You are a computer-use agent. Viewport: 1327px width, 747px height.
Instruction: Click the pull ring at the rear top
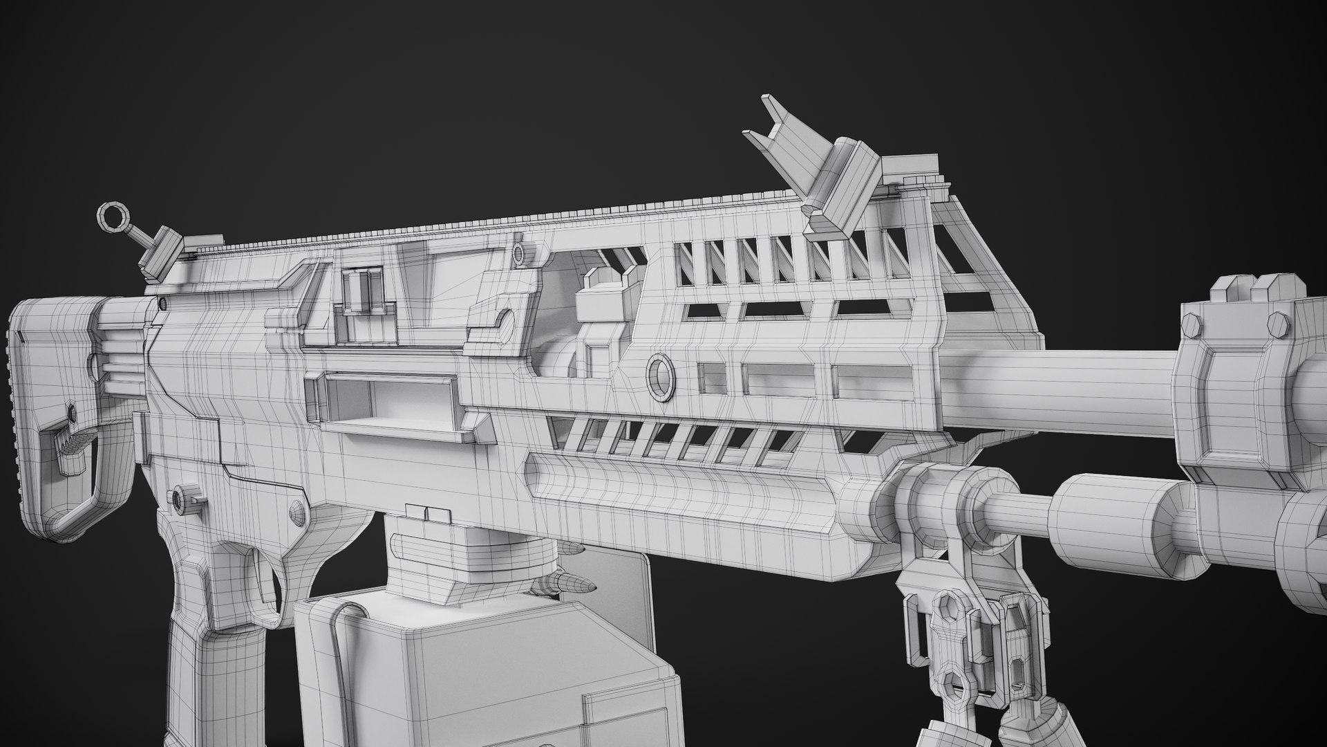click(x=110, y=217)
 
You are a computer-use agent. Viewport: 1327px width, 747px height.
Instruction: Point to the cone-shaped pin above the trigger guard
click(x=297, y=513)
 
